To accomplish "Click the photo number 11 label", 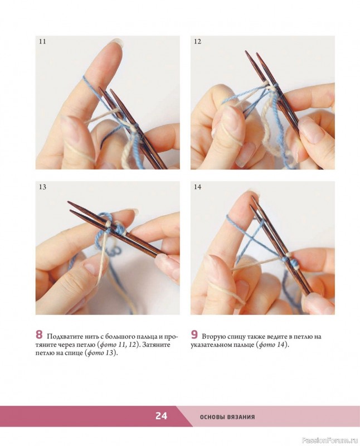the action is point(42,41).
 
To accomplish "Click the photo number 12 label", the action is point(197,41).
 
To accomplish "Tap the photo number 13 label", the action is point(42,187).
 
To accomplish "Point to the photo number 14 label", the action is point(198,187).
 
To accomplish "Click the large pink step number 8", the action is point(39,335).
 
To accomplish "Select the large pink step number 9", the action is point(194,335).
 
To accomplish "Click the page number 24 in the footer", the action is point(161,416).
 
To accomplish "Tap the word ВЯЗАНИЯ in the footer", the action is point(242,417).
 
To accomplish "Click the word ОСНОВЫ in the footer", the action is point(213,417).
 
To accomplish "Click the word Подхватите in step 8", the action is point(65,337).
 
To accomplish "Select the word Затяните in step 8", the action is point(156,345).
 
